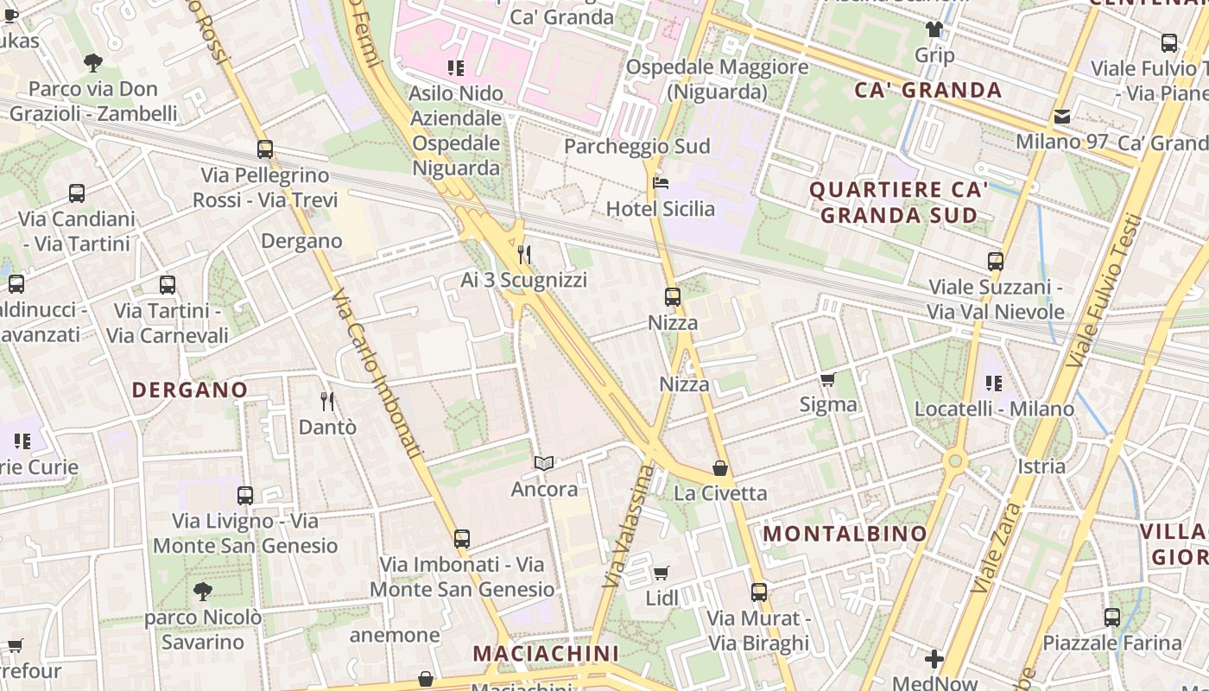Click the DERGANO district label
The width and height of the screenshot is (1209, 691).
click(189, 390)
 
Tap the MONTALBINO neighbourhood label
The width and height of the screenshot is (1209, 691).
click(845, 534)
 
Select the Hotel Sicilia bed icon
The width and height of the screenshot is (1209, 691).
click(661, 183)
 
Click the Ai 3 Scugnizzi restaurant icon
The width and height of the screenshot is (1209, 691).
click(523, 254)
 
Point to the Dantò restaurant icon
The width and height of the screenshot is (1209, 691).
click(327, 401)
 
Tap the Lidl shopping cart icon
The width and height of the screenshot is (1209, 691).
click(661, 573)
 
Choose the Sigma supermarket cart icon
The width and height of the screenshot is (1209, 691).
click(828, 379)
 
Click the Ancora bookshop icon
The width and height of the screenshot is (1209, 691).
click(544, 464)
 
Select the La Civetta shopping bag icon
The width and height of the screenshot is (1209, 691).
click(720, 468)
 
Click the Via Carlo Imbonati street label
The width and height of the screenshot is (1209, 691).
click(377, 373)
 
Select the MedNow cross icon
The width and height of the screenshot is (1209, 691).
click(934, 660)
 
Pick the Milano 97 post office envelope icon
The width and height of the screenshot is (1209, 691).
click(1061, 117)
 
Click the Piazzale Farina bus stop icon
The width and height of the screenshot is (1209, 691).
click(1112, 618)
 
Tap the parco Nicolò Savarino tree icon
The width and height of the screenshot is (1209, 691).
click(203, 592)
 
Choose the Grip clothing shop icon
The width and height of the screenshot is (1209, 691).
click(934, 29)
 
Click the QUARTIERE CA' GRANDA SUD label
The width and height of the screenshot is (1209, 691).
click(899, 202)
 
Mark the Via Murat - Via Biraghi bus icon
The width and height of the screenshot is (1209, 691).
click(759, 593)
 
